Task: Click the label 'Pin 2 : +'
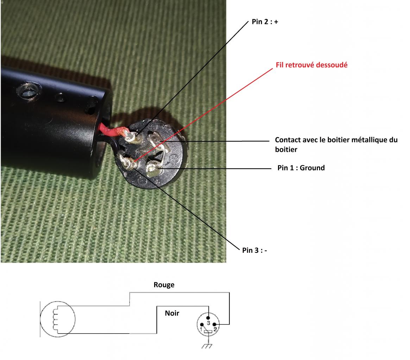[x=265, y=22]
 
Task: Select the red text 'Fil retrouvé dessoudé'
[x=311, y=65]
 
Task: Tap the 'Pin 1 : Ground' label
[x=301, y=168]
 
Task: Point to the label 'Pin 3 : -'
[x=254, y=250]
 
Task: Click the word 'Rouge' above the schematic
[x=164, y=285]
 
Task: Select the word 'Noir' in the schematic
[x=172, y=313]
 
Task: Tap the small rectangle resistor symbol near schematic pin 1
[x=208, y=332]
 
